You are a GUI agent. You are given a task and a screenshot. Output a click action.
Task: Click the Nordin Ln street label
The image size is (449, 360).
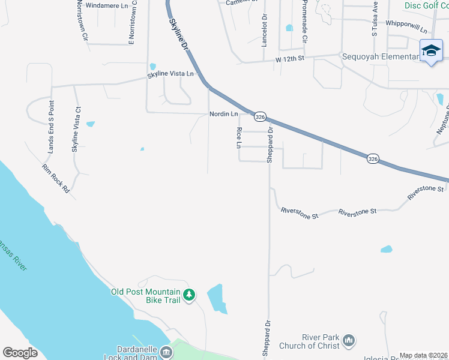click(x=223, y=114)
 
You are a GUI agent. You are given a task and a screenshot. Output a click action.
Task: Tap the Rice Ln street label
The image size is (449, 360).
click(x=239, y=138)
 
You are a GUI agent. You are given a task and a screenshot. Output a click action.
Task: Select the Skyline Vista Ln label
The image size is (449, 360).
click(x=171, y=74)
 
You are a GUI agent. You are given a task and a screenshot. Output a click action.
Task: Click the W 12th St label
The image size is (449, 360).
click(x=291, y=59)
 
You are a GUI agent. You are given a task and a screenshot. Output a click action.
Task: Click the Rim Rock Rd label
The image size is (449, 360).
click(x=56, y=179)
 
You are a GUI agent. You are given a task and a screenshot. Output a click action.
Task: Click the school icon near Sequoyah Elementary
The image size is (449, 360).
click(x=431, y=51)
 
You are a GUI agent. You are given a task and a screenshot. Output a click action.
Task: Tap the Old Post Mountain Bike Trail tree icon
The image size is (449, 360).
click(x=190, y=295)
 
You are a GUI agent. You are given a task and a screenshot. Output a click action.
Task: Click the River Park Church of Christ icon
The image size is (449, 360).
click(x=349, y=341)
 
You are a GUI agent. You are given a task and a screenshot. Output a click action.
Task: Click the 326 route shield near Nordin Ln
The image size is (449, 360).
click(x=259, y=116)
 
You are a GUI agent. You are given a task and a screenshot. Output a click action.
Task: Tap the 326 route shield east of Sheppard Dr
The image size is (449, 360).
click(x=373, y=159)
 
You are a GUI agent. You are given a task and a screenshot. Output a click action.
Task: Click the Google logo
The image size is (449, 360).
click(x=20, y=353)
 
